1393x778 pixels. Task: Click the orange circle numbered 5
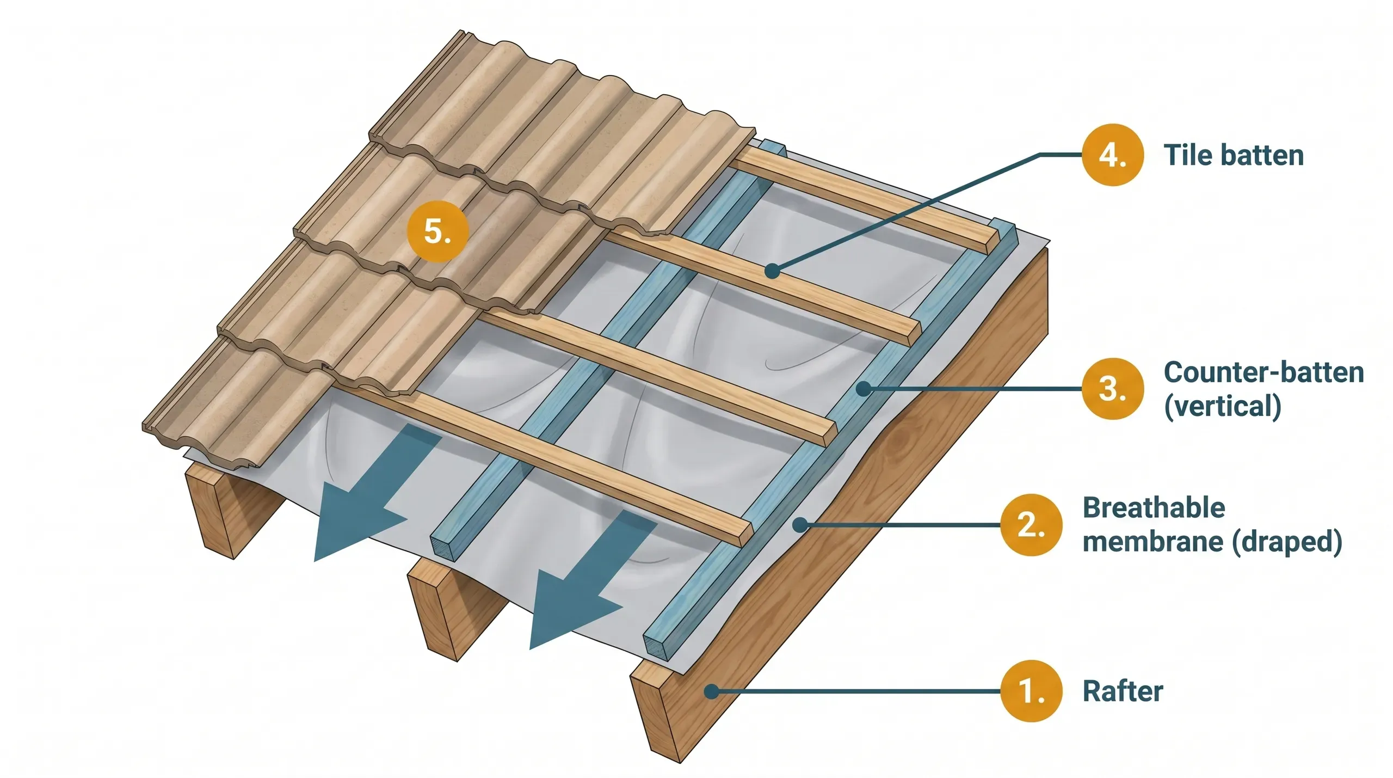[437, 231]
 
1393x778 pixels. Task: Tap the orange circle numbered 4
[1112, 155]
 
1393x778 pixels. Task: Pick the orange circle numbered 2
[1031, 525]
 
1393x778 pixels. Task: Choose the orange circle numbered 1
[1031, 691]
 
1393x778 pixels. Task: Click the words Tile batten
[1234, 156]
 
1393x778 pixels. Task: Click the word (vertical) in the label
[1222, 407]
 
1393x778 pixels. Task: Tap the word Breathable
[1154, 508]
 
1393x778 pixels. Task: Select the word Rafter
[1123, 691]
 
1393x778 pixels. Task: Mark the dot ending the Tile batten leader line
[772, 271]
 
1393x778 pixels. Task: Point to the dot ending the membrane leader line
[800, 525]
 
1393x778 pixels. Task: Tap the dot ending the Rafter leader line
[711, 691]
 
